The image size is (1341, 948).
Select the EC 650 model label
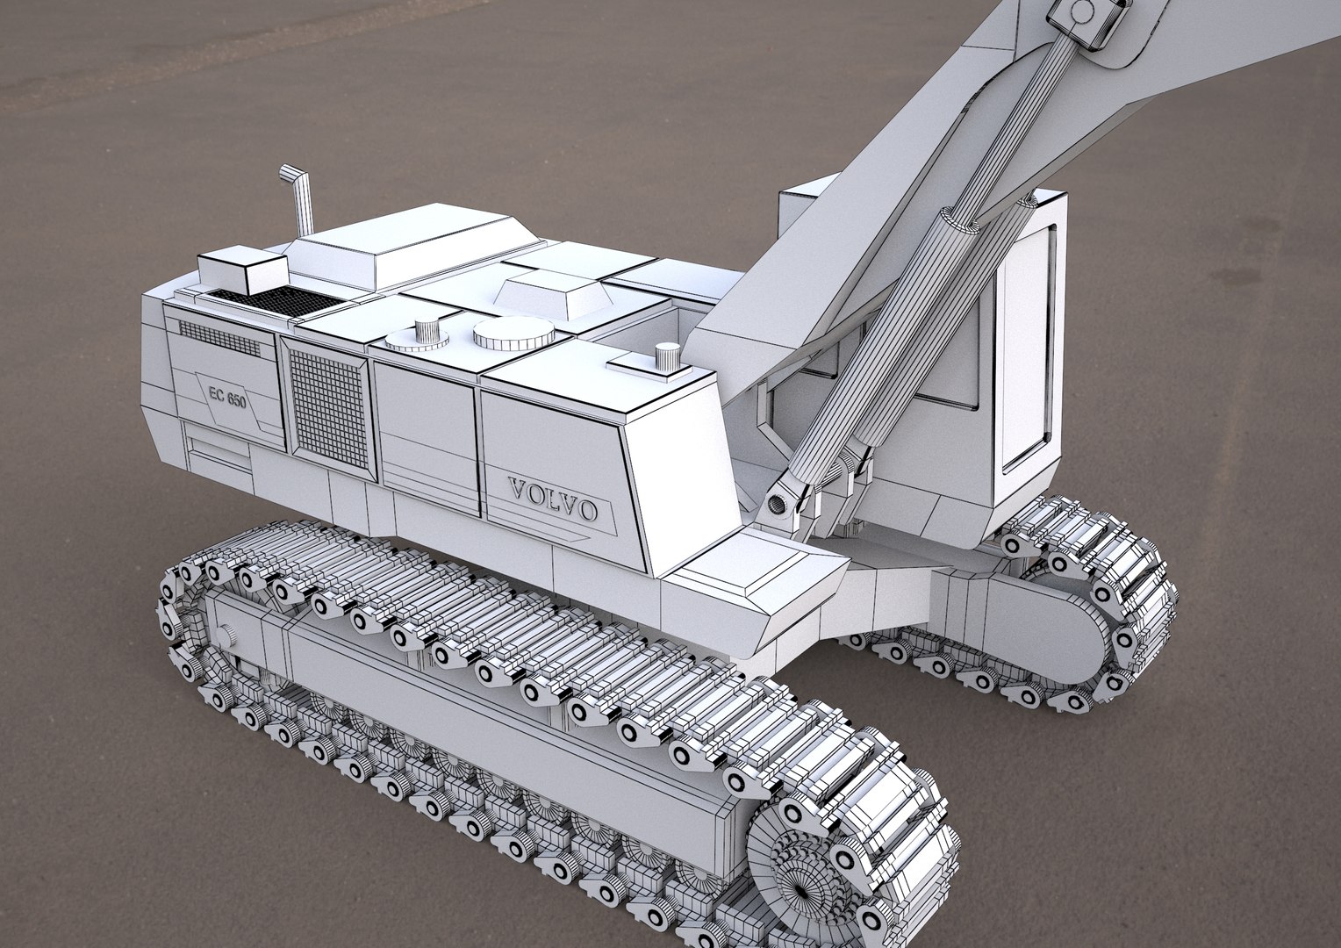[227, 396]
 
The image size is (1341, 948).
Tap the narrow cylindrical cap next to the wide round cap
[427, 333]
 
